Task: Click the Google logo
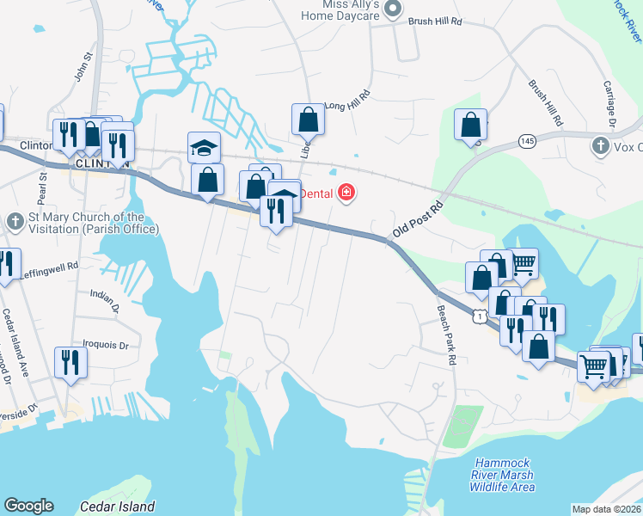click(x=28, y=506)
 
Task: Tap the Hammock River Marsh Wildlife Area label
click(x=502, y=475)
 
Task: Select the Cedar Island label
click(x=117, y=507)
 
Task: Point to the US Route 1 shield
click(x=480, y=317)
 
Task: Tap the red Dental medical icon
click(x=346, y=193)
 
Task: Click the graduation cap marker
click(x=205, y=148)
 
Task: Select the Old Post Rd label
click(x=418, y=220)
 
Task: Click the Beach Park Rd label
click(x=445, y=336)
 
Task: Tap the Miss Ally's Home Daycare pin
click(x=393, y=9)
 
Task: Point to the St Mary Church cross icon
click(x=15, y=222)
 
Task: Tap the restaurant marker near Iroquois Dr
click(x=70, y=362)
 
